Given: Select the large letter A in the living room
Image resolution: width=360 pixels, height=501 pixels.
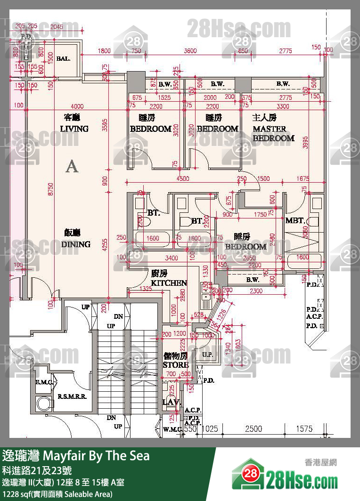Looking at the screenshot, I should coord(72,166).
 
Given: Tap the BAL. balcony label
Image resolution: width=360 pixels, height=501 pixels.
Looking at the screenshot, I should coord(63,59).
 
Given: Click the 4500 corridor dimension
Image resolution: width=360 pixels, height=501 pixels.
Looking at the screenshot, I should coord(183,178).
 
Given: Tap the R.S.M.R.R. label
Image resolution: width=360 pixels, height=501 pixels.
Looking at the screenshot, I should coord(71,396).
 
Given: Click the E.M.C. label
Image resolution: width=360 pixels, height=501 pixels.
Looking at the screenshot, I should coord(43,382).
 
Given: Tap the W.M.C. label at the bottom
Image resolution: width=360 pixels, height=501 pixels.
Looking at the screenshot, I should coord(172,429).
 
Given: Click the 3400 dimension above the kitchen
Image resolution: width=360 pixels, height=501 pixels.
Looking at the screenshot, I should coord(172,258).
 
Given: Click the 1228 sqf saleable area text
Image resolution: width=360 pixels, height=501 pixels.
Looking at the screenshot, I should coord(57,494).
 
